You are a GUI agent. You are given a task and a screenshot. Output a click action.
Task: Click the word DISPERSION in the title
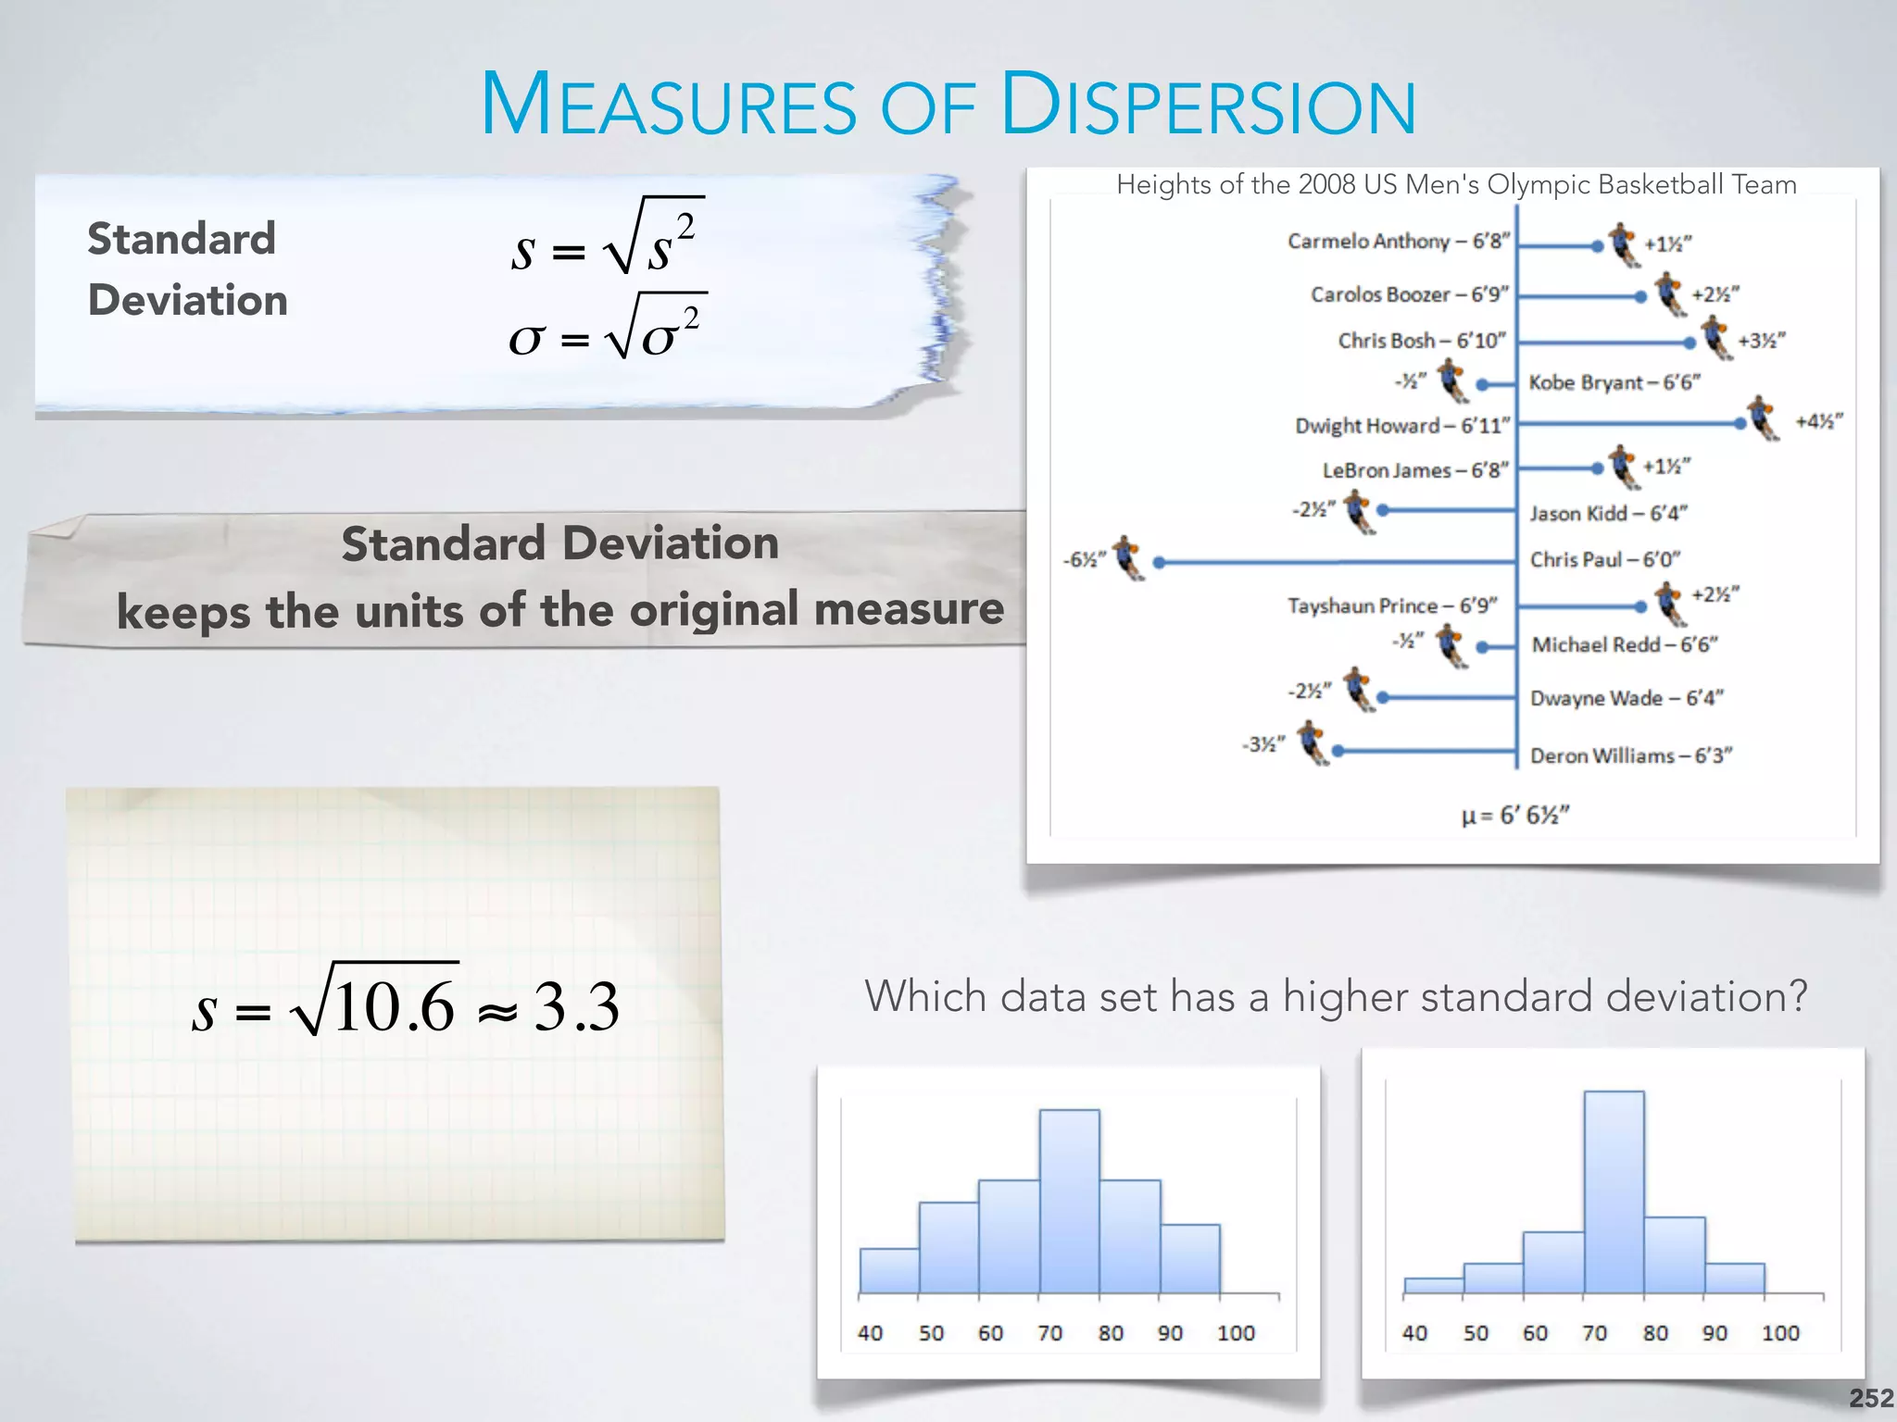(1209, 105)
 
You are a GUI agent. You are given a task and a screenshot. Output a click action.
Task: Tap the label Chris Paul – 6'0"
(1604, 559)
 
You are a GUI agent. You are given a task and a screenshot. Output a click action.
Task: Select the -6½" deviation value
(1084, 559)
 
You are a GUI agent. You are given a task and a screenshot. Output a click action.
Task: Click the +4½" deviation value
(1818, 421)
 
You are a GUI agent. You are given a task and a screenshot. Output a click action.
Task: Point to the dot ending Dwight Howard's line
(1740, 423)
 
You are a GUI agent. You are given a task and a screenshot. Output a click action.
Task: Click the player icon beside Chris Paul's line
(1128, 557)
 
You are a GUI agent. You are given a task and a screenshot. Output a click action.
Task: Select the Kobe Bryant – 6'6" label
(1614, 382)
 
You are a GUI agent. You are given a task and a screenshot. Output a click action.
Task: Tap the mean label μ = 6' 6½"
(1514, 815)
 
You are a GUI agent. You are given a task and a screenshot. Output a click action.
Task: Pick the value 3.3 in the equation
(575, 1007)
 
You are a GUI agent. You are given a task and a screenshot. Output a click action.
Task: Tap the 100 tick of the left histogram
(1235, 1333)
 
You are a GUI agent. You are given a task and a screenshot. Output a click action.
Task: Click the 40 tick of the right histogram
(1414, 1333)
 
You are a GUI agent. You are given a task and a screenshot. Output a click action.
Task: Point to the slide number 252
(1871, 1398)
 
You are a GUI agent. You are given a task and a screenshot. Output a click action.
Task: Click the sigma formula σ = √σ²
(607, 330)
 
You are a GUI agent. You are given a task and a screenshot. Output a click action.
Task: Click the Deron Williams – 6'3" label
(1630, 755)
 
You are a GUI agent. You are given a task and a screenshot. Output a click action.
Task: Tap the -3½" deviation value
(1263, 744)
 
